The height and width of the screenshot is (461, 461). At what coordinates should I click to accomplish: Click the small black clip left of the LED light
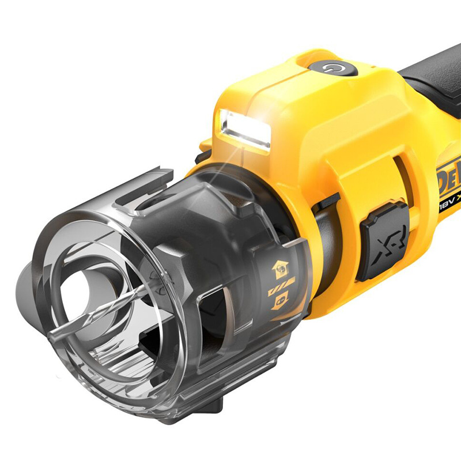pyautogui.click(x=203, y=156)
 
